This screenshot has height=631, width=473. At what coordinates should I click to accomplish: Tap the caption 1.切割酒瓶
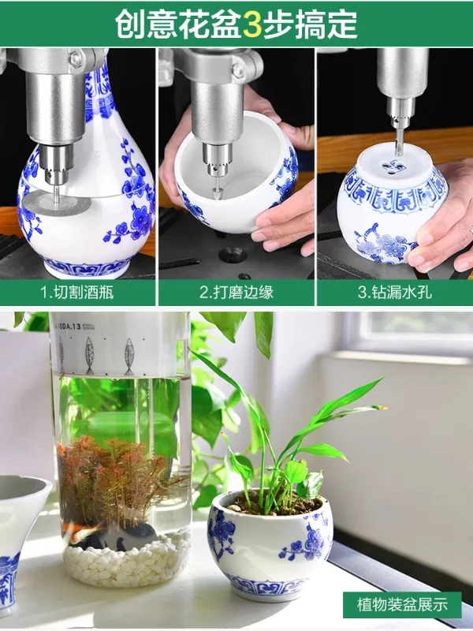coord(78,293)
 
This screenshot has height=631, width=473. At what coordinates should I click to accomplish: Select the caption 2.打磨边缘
coord(236,293)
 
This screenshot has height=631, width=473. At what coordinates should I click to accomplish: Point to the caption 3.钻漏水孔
coord(394,293)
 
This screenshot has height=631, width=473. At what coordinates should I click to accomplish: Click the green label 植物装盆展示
coord(405,606)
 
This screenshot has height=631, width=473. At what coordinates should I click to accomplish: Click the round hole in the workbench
coord(231,255)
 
